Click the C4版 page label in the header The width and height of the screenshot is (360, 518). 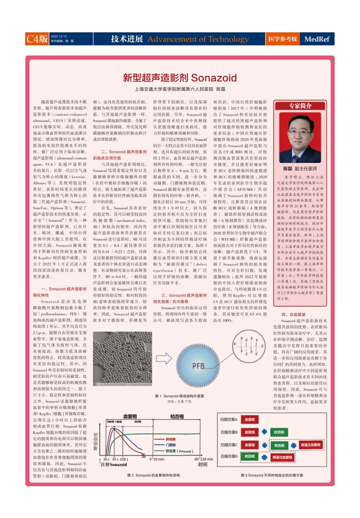[37, 39]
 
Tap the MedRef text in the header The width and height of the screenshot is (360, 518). [317, 39]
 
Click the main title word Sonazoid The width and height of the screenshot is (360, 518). [214, 78]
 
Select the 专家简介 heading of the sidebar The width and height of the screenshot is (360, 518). [300, 106]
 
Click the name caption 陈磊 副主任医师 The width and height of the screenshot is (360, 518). [300, 169]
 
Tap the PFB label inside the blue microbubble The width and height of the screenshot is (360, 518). [198, 366]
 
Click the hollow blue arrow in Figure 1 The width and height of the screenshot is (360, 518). [164, 358]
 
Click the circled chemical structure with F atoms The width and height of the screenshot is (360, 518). [249, 346]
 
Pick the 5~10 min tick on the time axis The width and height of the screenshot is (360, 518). [157, 459]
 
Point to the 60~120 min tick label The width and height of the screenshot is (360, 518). [203, 459]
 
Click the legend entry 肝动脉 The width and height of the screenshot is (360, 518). [171, 439]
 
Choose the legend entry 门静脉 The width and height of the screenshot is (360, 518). [171, 445]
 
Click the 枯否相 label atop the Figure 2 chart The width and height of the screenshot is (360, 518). [177, 417]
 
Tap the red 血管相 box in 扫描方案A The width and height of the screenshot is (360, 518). [250, 420]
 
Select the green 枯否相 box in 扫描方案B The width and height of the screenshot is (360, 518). [279, 432]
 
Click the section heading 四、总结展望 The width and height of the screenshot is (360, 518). [293, 314]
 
